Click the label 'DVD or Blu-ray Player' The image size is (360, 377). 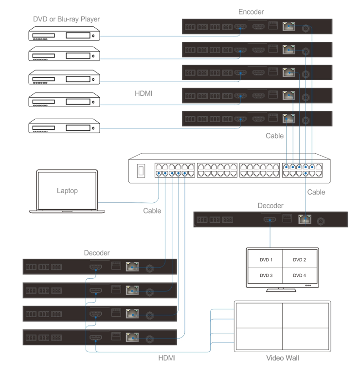66,19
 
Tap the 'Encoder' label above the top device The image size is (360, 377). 251,12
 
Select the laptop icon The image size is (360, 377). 67,191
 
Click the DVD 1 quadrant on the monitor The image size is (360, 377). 266,260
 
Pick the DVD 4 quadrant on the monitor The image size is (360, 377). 299,275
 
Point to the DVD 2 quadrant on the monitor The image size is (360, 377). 299,260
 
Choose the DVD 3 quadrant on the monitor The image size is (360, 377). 266,275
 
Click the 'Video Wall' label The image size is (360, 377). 282,358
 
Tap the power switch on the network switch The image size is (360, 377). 142,170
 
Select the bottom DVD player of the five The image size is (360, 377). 64,126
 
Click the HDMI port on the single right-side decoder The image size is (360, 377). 270,220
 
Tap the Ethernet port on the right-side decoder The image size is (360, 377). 305,220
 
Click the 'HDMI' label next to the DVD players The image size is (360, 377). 144,92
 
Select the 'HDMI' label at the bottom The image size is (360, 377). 167,358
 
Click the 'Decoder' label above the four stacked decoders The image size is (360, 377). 97,253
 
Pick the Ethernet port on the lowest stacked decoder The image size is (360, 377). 132,338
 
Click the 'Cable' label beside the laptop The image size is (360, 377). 152,211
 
